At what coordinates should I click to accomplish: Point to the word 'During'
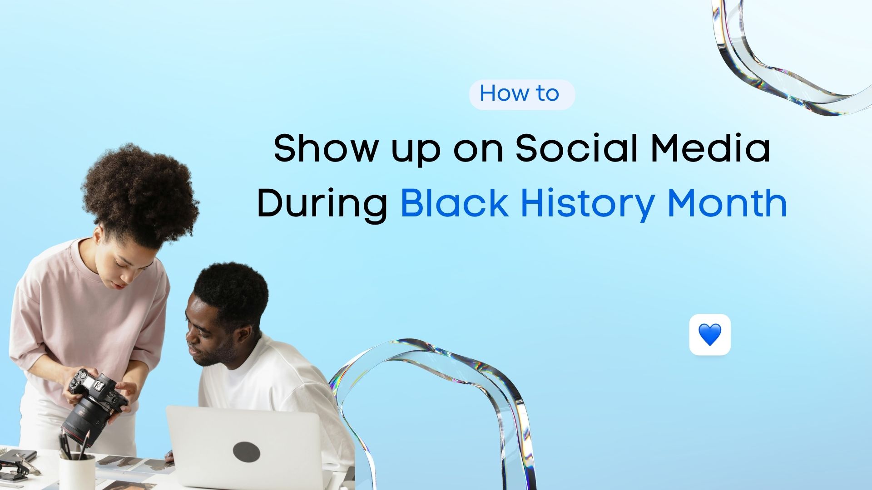[x=322, y=204]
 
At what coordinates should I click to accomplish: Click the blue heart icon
[x=709, y=335]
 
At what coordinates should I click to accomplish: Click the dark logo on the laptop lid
[x=246, y=451]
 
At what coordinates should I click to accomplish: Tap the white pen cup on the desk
[x=77, y=472]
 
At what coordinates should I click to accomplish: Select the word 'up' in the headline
[x=415, y=152]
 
